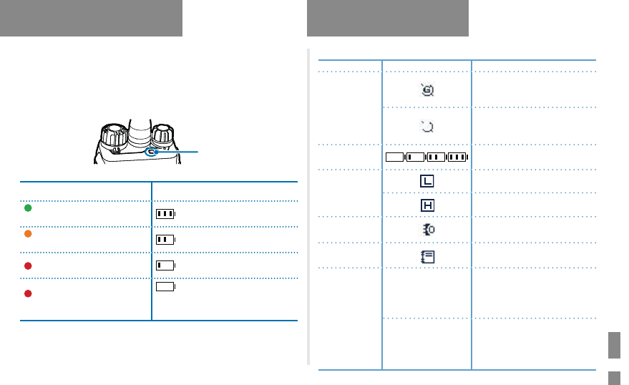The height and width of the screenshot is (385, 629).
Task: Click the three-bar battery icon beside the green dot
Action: point(165,213)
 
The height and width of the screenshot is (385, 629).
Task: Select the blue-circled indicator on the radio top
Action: point(152,152)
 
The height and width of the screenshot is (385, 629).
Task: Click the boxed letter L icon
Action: point(427,182)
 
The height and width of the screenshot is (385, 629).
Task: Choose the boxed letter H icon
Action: point(427,205)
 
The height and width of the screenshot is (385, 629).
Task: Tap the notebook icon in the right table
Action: point(427,256)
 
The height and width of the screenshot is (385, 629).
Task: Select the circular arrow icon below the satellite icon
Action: point(427,127)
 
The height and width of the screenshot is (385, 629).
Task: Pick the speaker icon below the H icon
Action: point(427,230)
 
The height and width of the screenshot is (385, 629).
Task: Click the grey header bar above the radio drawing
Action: point(91,18)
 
